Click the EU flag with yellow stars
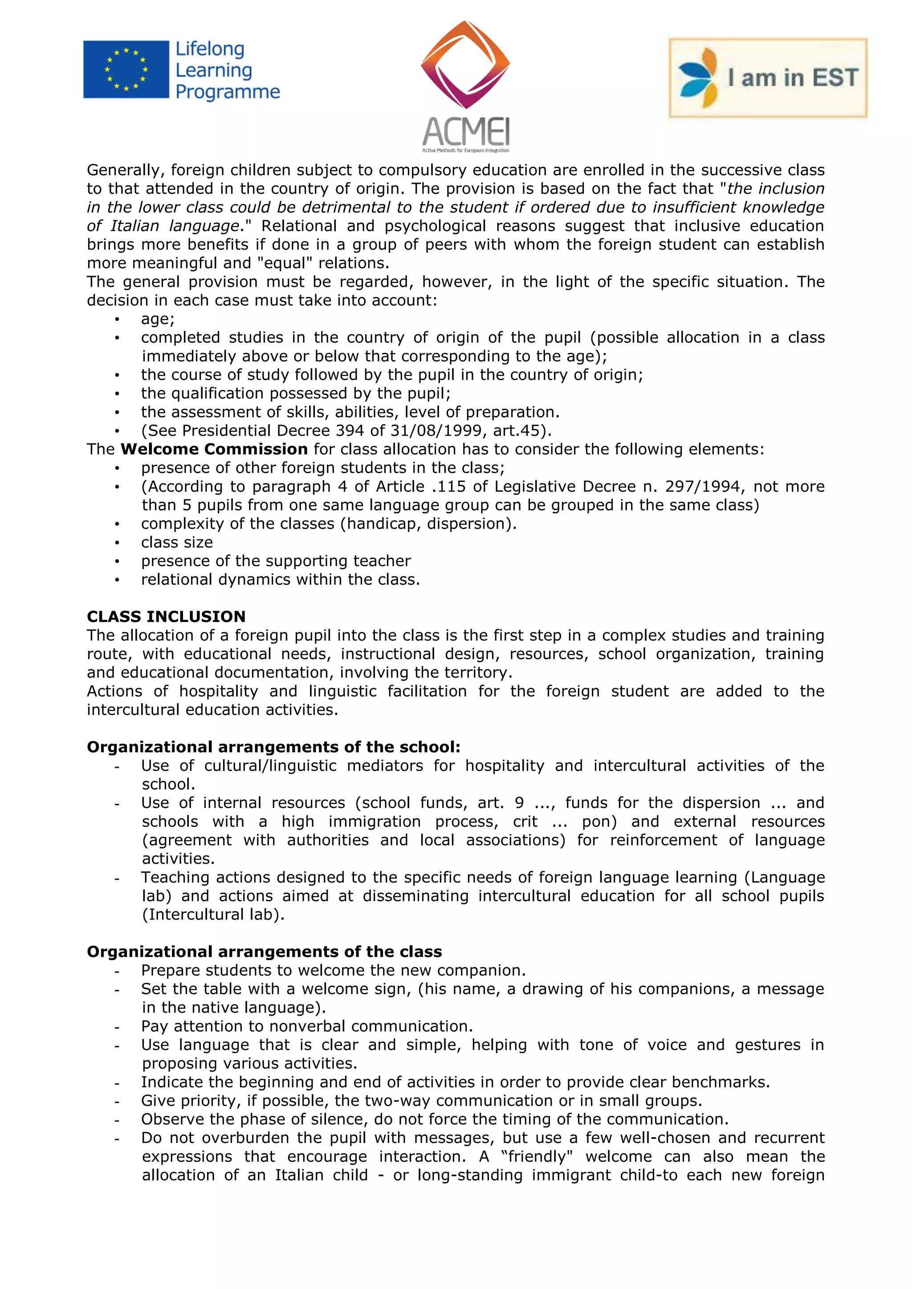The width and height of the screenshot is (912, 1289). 126,69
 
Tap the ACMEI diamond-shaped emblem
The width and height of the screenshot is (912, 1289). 465,64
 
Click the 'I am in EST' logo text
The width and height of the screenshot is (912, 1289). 792,77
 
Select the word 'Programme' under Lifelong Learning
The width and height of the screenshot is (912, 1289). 228,92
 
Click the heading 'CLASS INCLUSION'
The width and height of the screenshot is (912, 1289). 166,616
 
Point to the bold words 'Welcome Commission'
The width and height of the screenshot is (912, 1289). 214,449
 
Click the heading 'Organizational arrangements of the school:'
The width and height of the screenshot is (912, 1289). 273,747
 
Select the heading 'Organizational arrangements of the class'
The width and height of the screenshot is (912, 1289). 265,952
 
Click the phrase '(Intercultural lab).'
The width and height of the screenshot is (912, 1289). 213,915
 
